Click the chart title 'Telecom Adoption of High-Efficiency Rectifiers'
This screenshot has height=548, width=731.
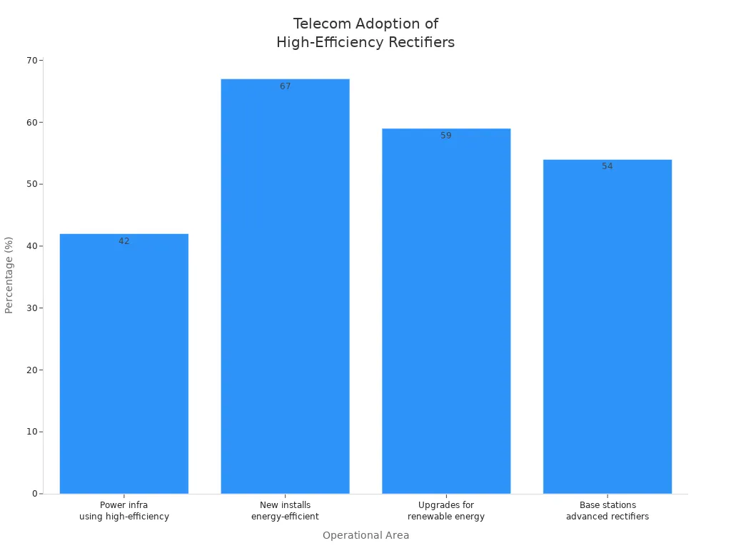click(x=365, y=34)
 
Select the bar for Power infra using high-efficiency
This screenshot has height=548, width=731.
click(x=124, y=364)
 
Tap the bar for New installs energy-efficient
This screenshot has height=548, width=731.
click(x=285, y=286)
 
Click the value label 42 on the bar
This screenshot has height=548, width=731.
click(x=124, y=241)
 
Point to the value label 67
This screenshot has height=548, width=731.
click(x=285, y=86)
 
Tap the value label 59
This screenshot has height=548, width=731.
click(x=446, y=136)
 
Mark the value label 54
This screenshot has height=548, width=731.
click(x=608, y=166)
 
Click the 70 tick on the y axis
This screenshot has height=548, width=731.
click(x=32, y=61)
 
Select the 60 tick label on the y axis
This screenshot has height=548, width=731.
click(x=32, y=122)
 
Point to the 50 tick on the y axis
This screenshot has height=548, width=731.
click(x=32, y=184)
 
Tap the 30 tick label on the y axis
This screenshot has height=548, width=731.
click(x=32, y=308)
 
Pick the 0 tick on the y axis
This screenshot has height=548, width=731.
click(x=35, y=494)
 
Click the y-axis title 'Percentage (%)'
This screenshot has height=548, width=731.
click(x=9, y=275)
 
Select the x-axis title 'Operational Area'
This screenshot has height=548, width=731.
click(x=365, y=535)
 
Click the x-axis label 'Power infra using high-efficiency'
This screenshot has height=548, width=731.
click(x=124, y=511)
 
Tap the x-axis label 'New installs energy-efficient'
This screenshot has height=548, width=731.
click(x=285, y=511)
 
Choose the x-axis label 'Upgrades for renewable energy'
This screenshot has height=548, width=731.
click(x=446, y=511)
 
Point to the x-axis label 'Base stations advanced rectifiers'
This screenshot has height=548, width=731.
click(x=608, y=511)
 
